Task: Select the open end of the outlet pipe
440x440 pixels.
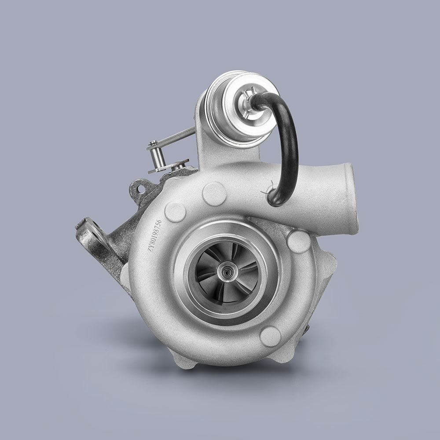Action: [x=351, y=198]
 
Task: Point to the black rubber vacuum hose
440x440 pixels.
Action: [x=290, y=145]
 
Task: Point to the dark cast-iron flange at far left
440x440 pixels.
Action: [x=95, y=240]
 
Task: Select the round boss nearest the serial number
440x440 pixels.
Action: [x=175, y=213]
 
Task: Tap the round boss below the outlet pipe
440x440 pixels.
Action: [x=299, y=242]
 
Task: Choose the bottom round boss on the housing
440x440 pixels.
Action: [x=270, y=337]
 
